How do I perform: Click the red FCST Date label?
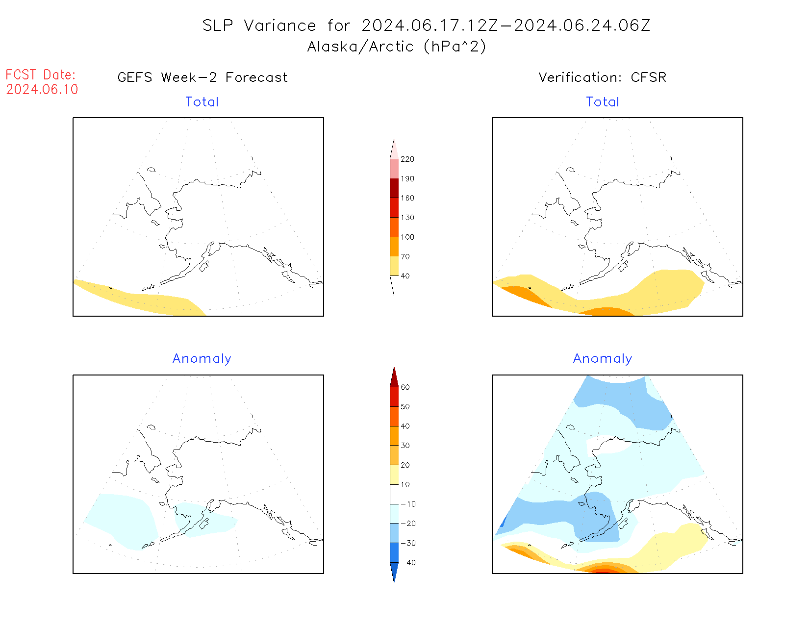pyautogui.click(x=41, y=75)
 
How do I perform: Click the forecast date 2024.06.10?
pyautogui.click(x=42, y=90)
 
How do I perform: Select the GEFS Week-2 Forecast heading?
pyautogui.click(x=202, y=77)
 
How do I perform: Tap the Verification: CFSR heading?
pyautogui.click(x=602, y=77)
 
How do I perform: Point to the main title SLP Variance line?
pyautogui.click(x=426, y=25)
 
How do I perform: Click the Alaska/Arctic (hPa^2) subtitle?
pyautogui.click(x=397, y=47)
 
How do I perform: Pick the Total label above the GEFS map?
pyautogui.click(x=202, y=102)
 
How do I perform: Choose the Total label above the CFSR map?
pyautogui.click(x=603, y=102)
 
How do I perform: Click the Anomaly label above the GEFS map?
pyautogui.click(x=202, y=359)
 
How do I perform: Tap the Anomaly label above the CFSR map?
pyautogui.click(x=603, y=359)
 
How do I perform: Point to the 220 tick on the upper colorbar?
pyautogui.click(x=407, y=159)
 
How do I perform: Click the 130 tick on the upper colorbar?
pyautogui.click(x=407, y=218)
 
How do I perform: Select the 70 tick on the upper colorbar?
pyautogui.click(x=405, y=256)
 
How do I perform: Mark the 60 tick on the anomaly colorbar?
pyautogui.click(x=405, y=387)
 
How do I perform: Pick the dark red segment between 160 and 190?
pyautogui.click(x=394, y=188)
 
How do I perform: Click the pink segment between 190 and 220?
pyautogui.click(x=394, y=169)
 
